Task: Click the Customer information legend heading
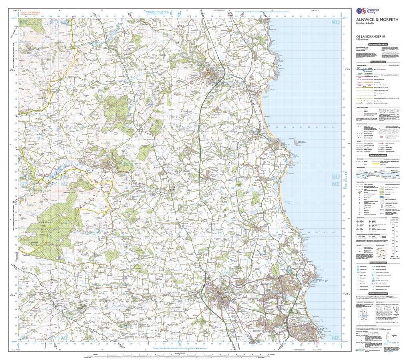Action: (378, 44)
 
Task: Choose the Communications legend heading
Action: (378, 62)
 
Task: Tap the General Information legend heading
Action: (378, 155)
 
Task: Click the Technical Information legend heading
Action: (378, 293)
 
